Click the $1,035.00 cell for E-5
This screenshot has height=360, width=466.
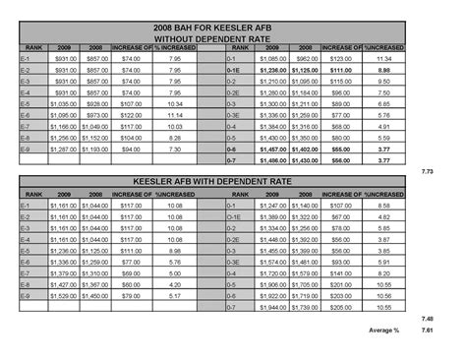pos(64,102)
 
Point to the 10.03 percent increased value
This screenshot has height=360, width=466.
pos(176,127)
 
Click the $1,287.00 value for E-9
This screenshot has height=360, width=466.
pos(64,150)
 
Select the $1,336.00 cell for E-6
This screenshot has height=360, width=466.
pos(64,263)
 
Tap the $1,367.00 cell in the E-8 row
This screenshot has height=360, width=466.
pos(96,284)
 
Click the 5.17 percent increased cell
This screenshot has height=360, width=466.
pos(176,295)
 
